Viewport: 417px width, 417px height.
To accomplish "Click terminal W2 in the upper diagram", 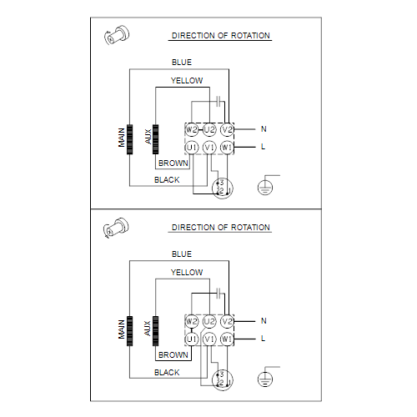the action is click(192, 129).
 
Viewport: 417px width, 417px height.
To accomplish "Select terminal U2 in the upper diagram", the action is click(209, 129).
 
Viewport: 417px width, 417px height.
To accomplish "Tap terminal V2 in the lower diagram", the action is click(227, 321).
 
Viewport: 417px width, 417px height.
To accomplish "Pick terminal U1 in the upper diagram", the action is click(192, 148).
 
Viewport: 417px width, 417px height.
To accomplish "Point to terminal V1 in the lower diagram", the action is click(209, 339).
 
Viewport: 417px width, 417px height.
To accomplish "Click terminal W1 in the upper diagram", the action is click(227, 148).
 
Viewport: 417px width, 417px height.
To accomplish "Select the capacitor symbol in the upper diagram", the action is click(219, 102).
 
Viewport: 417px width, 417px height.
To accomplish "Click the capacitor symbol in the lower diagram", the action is click(219, 294).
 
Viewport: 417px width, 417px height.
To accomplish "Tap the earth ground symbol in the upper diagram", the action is click(265, 187).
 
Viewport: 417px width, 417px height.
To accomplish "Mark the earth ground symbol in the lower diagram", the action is click(265, 379).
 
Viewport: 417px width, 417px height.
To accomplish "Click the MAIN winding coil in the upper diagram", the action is click(129, 139).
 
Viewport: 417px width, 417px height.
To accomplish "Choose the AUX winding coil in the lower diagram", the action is click(156, 331).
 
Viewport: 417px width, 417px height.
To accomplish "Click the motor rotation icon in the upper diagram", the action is click(117, 35).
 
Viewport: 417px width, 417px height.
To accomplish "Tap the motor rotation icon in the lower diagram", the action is click(116, 228).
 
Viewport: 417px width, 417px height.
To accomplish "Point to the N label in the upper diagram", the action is click(264, 129).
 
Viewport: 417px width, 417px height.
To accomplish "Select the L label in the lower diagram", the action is click(263, 339).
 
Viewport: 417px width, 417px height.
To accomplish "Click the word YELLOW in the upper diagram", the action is click(187, 81).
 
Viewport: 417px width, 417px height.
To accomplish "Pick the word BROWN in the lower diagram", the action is click(173, 355).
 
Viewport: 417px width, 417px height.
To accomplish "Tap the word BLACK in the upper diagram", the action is click(167, 180).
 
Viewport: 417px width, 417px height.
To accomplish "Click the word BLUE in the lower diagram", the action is click(182, 254).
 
